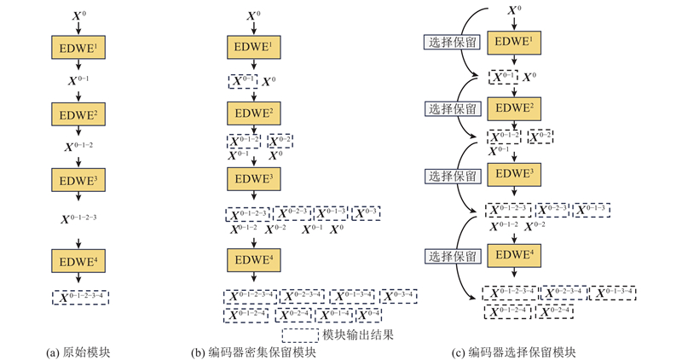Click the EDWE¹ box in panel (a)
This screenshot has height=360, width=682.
[78, 49]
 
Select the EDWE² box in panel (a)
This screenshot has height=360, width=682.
[78, 113]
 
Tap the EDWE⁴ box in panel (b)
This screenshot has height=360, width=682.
[252, 259]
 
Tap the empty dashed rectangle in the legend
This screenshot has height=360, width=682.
[299, 334]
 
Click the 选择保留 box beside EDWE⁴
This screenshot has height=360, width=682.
[453, 255]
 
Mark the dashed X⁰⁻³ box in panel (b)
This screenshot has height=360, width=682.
[364, 212]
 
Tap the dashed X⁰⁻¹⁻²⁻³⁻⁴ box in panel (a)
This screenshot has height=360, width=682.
[79, 297]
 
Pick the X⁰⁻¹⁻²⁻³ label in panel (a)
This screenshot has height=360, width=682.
[78, 218]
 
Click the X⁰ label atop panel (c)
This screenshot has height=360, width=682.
[514, 11]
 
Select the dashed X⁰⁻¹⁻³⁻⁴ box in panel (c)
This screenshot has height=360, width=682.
[620, 293]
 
